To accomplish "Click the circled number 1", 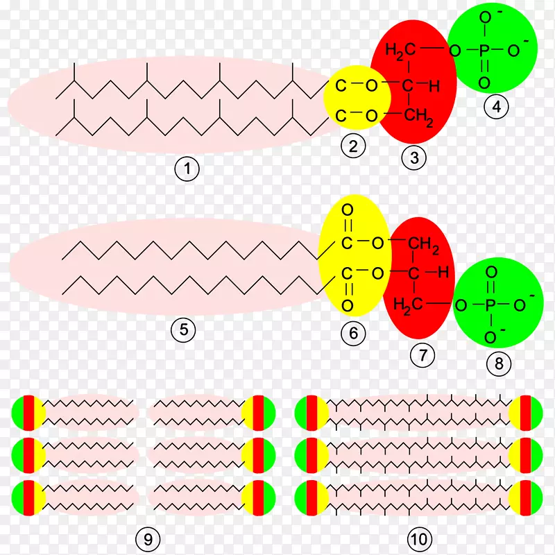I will [x=187, y=169].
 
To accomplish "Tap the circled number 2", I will [x=353, y=146].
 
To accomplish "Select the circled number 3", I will [x=414, y=157].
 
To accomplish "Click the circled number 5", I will [x=183, y=329].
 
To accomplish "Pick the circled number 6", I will [x=353, y=333].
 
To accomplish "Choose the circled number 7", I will [x=422, y=355].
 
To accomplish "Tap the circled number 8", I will [x=499, y=363].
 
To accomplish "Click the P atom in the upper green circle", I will [x=484, y=51].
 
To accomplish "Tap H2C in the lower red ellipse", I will [x=407, y=305].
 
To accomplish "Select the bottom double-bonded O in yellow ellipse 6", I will [x=348, y=305].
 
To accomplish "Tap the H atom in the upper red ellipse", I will [x=434, y=87].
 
